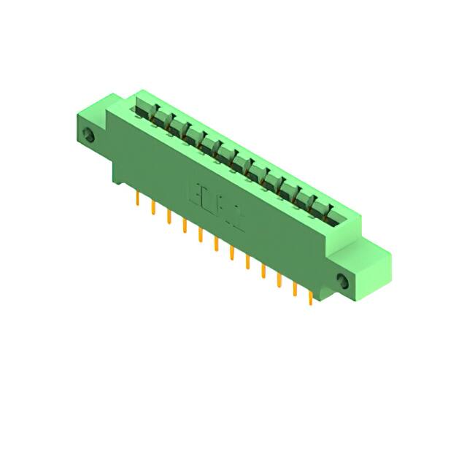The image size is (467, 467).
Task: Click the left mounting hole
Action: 90,136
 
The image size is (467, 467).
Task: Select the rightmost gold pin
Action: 311,297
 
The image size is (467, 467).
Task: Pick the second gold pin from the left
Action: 153,209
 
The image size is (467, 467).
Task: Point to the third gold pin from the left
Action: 169,217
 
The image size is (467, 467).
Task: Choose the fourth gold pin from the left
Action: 184,226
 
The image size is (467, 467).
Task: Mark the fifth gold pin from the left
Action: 200,235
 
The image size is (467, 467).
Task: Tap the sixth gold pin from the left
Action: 216,244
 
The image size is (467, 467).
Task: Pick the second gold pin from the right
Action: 295,289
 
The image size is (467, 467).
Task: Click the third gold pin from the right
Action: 279,280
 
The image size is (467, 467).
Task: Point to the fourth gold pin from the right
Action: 263,271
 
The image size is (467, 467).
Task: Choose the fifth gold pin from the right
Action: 247,262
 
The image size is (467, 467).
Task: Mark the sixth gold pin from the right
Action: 232,253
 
